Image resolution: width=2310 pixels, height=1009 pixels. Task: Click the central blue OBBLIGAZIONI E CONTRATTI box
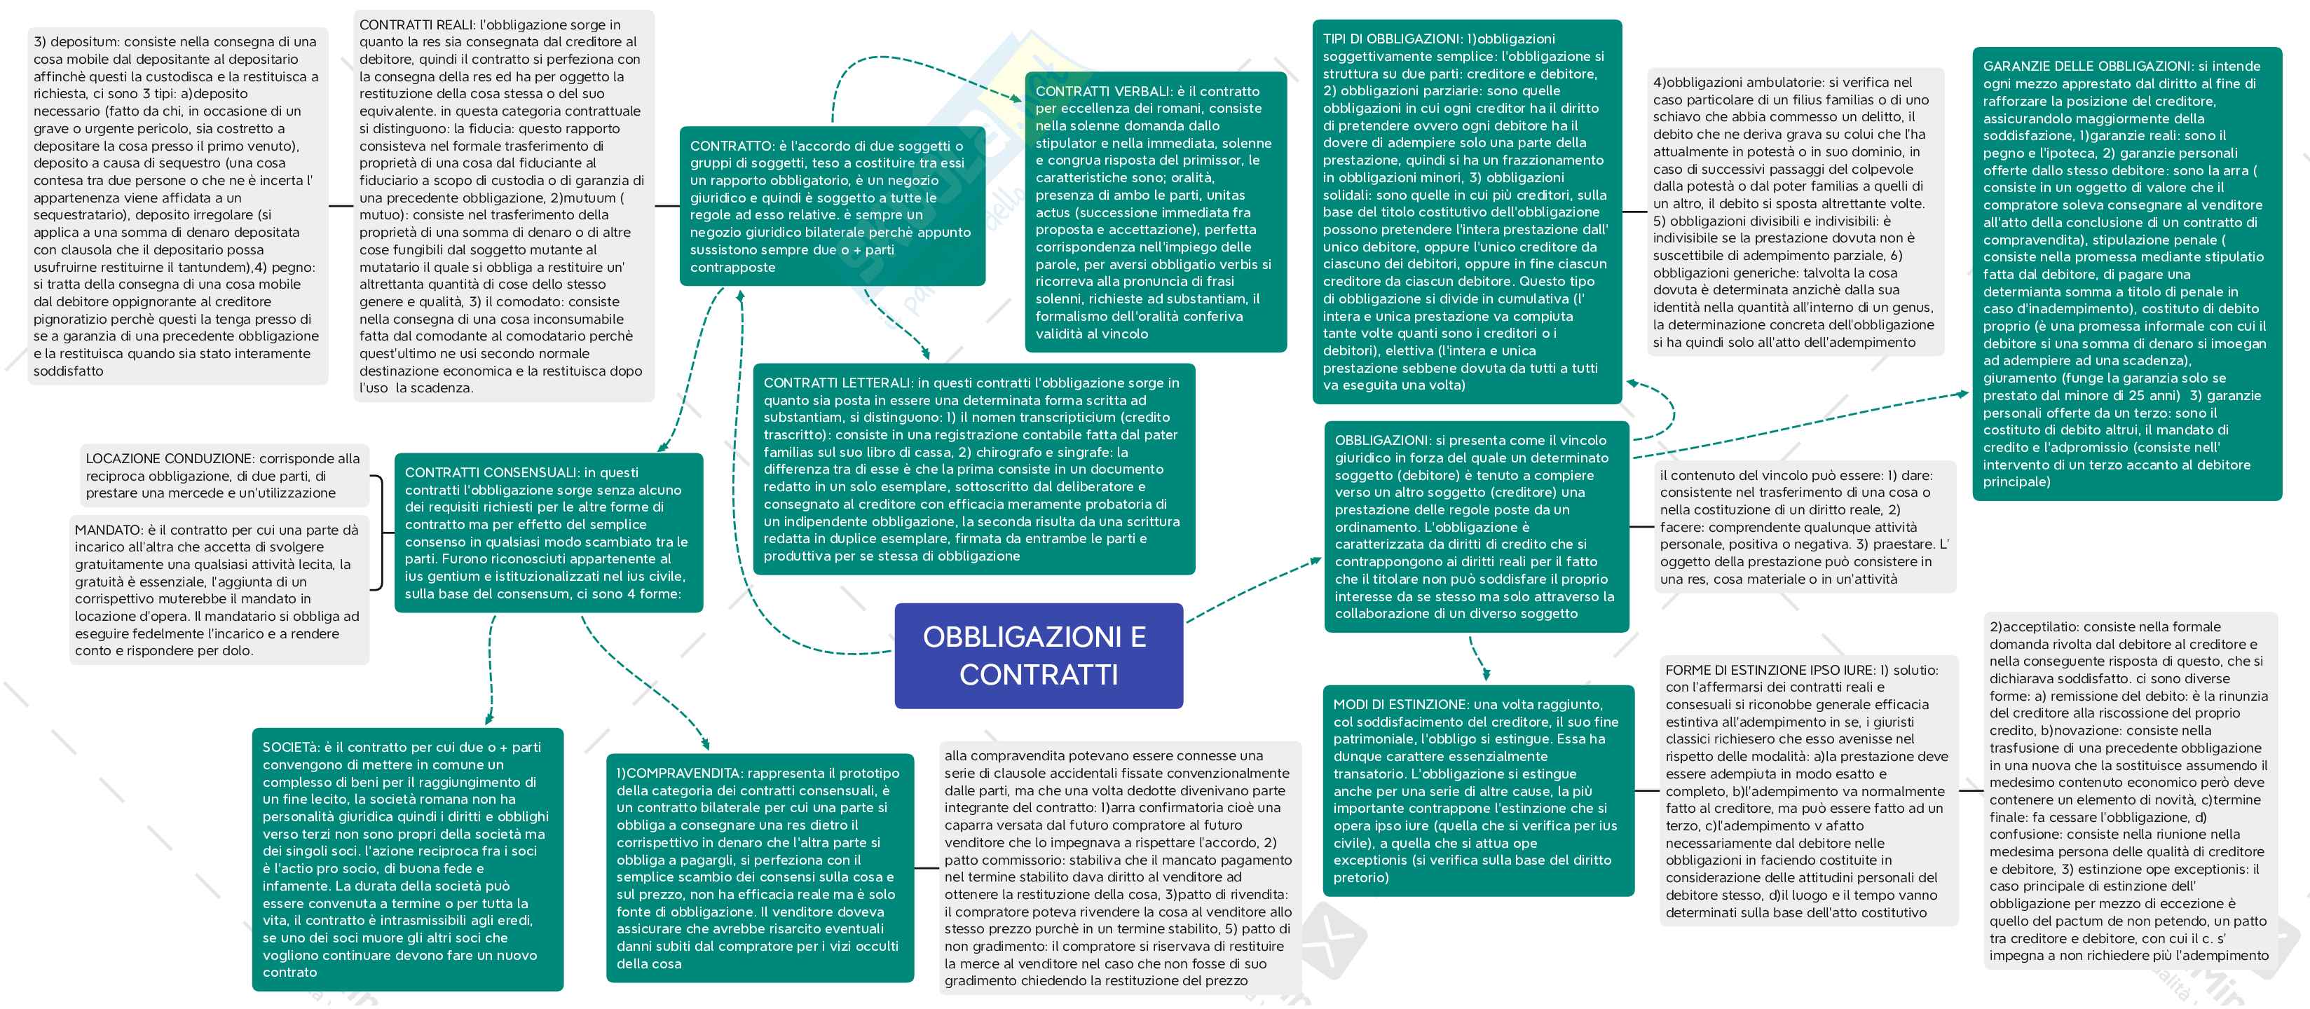(1039, 656)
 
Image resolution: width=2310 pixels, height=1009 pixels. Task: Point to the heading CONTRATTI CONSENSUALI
(491, 473)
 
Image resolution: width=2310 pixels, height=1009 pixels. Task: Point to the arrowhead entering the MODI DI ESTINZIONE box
(1486, 675)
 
